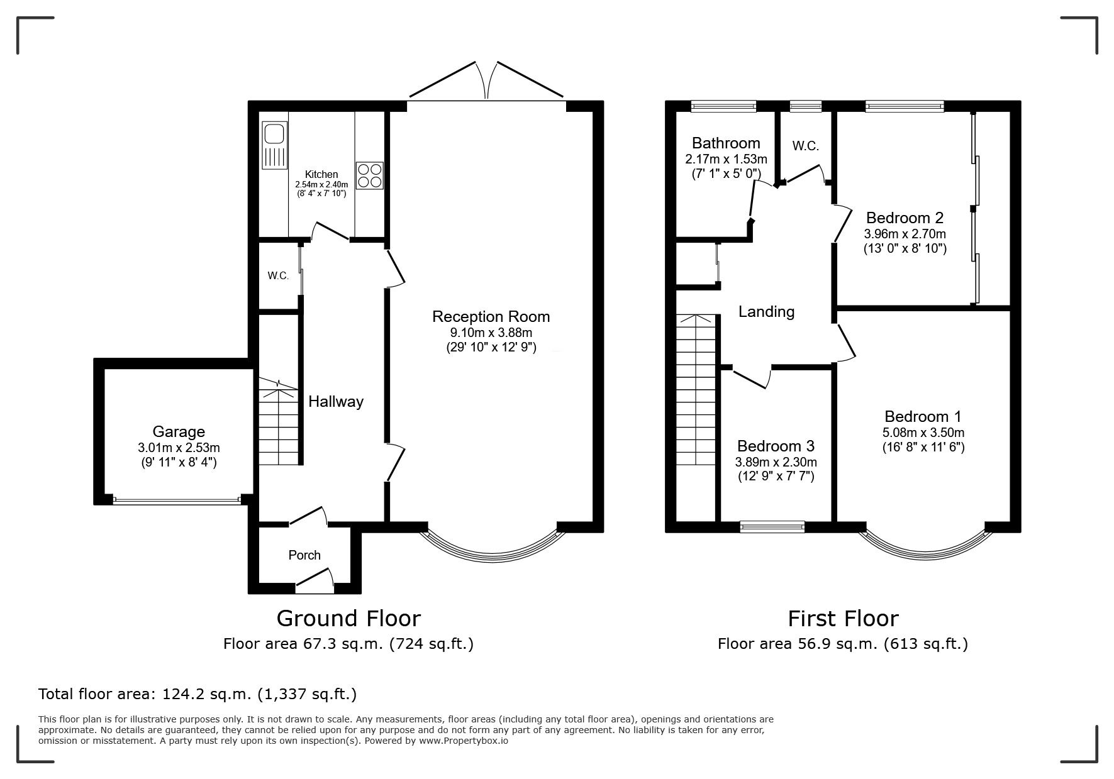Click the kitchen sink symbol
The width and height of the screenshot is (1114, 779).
pyautogui.click(x=274, y=145)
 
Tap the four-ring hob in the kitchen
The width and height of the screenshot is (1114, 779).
pyautogui.click(x=369, y=176)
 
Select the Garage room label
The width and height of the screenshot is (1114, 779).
pyautogui.click(x=179, y=432)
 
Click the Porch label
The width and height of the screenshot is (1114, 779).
pyautogui.click(x=304, y=555)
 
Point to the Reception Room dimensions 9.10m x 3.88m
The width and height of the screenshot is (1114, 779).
pyautogui.click(x=491, y=333)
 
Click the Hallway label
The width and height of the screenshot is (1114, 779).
pyautogui.click(x=336, y=402)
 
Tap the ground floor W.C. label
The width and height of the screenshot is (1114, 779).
pyautogui.click(x=278, y=276)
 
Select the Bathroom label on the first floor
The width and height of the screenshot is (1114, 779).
pyautogui.click(x=726, y=143)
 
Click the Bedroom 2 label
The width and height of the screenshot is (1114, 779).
pyautogui.click(x=905, y=218)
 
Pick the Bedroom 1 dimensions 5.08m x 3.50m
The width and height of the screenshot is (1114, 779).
pyautogui.click(x=923, y=433)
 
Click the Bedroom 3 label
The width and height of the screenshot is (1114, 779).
pyautogui.click(x=776, y=446)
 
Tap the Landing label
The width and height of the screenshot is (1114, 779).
pyautogui.click(x=766, y=312)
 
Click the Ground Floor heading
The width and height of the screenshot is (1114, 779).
pyautogui.click(x=348, y=619)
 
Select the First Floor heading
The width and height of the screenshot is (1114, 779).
pyautogui.click(x=843, y=619)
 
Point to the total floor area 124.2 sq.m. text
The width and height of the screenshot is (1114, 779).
pyautogui.click(x=198, y=694)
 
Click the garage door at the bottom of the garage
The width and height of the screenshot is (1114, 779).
pyautogui.click(x=177, y=501)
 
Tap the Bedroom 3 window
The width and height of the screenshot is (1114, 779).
pyautogui.click(x=772, y=527)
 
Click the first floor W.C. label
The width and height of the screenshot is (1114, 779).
pyautogui.click(x=805, y=146)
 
